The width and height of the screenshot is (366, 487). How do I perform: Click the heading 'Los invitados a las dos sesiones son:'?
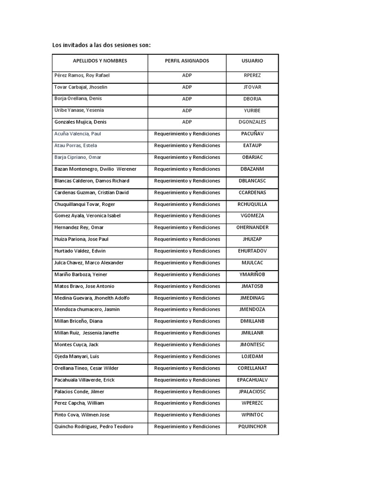coord(102,45)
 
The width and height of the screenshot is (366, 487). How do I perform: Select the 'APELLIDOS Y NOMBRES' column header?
coord(100,61)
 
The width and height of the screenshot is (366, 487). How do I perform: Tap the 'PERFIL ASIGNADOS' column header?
coord(187,61)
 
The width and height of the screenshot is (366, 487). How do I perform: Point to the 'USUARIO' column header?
coord(252,61)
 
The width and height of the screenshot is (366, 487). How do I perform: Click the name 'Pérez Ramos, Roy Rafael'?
coord(82,75)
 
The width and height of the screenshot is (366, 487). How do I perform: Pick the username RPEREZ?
coord(252,75)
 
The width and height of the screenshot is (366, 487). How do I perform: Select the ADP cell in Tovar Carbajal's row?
coord(187,87)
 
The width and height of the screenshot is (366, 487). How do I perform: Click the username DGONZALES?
coord(252,122)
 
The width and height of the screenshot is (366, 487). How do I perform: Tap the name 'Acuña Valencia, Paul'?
coord(78,134)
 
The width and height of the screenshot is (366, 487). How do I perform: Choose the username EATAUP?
coord(252,146)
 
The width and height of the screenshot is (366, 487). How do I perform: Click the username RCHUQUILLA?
coord(252,204)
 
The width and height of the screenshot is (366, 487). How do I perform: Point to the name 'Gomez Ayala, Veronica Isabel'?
coord(88,216)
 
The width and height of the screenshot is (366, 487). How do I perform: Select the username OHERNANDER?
coord(252,227)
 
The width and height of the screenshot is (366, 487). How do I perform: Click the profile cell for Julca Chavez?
coord(187,263)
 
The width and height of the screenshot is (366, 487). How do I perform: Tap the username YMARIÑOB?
coord(252,274)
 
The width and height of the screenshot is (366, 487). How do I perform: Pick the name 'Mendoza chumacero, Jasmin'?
coord(87,310)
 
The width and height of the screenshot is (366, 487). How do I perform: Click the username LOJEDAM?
coord(252,356)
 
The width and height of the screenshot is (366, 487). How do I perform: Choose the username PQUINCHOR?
coord(252,427)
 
